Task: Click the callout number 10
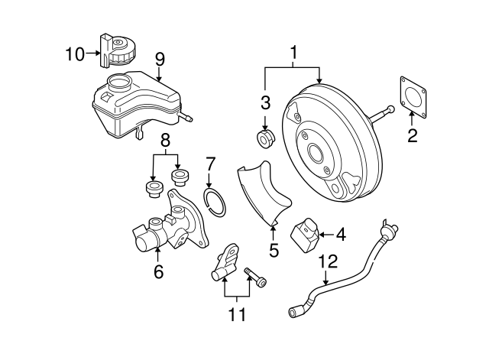click(75, 54)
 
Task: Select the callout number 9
click(160, 60)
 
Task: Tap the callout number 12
click(328, 261)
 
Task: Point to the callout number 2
click(413, 136)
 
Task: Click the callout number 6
click(158, 271)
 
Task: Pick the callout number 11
click(238, 314)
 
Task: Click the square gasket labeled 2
click(413, 97)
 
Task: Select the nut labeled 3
click(265, 138)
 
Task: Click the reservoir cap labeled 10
click(115, 50)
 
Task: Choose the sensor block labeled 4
click(306, 235)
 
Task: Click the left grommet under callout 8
click(153, 189)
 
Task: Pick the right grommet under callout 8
click(180, 178)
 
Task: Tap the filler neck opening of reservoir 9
click(118, 82)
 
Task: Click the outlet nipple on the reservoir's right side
click(186, 117)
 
